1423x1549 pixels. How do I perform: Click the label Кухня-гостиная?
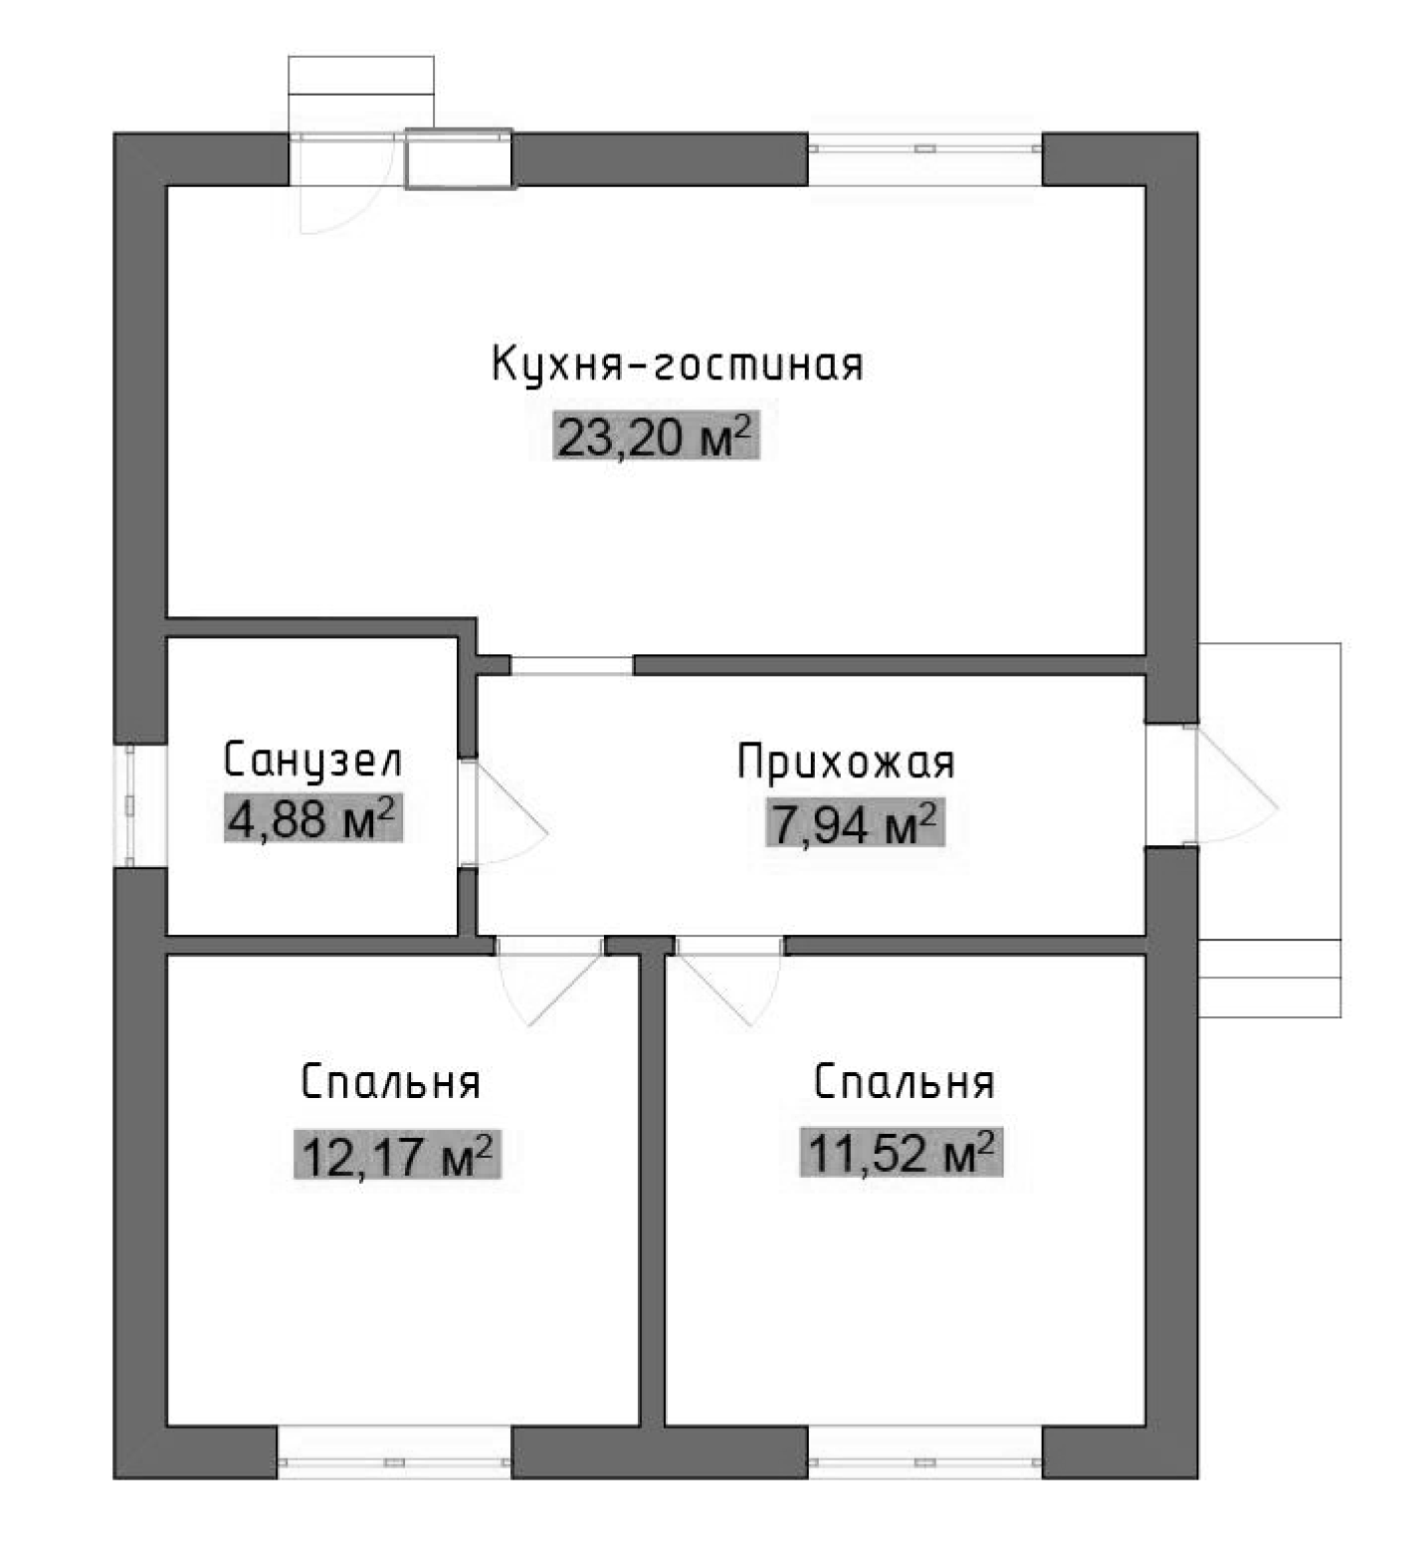[x=677, y=365]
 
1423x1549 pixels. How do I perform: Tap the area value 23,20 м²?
[x=655, y=436]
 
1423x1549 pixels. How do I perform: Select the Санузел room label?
[x=312, y=761]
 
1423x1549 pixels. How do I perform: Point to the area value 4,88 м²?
[x=312, y=819]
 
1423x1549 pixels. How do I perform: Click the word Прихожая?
[x=846, y=763]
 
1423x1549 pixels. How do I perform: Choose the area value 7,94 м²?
[x=853, y=823]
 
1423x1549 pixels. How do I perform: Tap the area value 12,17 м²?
[x=396, y=1156]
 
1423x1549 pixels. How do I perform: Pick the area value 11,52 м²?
[x=901, y=1153]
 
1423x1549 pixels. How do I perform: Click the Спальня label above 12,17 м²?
[x=390, y=1082]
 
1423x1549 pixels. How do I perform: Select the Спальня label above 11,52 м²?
[x=904, y=1082]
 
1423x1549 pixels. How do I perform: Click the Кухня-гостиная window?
[x=924, y=149]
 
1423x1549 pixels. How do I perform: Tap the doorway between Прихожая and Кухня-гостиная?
[x=572, y=665]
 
